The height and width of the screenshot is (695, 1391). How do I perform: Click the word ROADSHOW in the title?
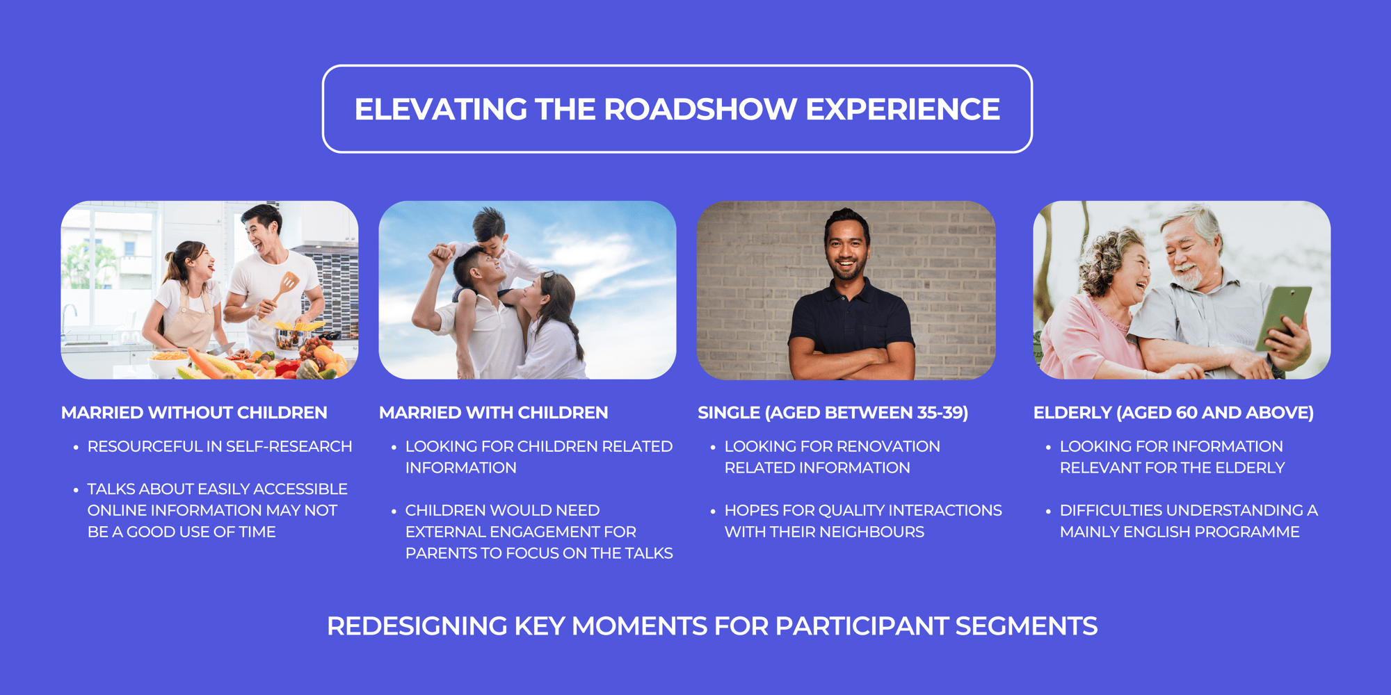click(x=700, y=109)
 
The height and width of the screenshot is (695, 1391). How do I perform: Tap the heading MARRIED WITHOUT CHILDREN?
click(x=194, y=413)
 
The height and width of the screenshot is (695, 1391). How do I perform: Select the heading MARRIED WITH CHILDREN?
click(x=493, y=413)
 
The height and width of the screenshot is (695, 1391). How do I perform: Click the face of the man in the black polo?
click(x=846, y=248)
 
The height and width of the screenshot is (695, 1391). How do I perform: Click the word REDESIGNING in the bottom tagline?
click(x=417, y=626)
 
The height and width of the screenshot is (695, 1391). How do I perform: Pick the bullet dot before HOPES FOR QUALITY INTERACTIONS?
click(x=713, y=512)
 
